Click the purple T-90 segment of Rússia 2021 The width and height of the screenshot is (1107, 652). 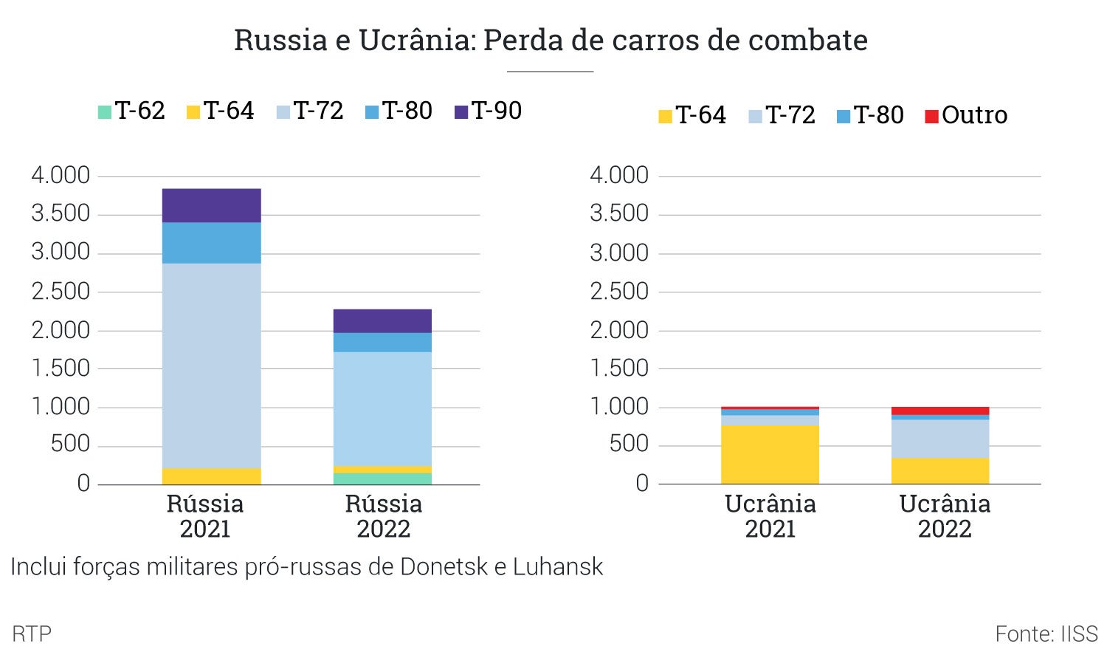[211, 205]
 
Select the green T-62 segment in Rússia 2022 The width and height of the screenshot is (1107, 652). [382, 478]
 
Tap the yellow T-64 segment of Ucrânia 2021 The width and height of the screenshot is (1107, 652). [770, 454]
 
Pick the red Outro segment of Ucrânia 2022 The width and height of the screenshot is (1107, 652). [940, 411]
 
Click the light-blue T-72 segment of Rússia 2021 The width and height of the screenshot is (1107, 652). [211, 366]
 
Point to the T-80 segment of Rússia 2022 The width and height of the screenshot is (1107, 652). [382, 342]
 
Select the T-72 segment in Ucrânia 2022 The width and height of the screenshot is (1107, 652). [940, 439]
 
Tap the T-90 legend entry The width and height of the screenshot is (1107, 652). [488, 111]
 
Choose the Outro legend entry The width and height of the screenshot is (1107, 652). [966, 115]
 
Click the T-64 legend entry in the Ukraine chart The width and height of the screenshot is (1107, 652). [692, 115]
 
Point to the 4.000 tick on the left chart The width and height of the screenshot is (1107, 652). [61, 176]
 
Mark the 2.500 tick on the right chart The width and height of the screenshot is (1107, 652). [619, 292]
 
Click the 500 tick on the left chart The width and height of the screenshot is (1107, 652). [70, 445]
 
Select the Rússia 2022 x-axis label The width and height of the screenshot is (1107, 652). [383, 516]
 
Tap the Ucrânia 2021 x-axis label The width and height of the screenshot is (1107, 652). [770, 516]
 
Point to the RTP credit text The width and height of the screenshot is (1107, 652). [32, 634]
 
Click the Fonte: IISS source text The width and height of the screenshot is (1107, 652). [1046, 634]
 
